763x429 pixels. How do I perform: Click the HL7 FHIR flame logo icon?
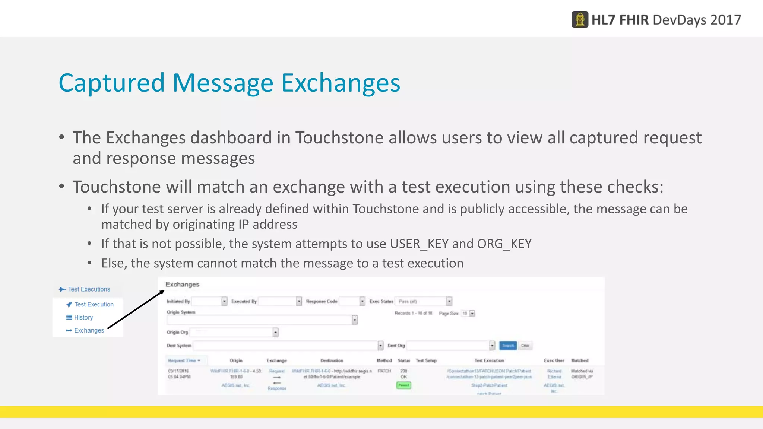[x=580, y=20]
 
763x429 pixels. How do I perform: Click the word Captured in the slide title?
[x=111, y=83]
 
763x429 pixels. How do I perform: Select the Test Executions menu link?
[x=89, y=289]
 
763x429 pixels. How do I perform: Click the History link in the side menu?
[x=83, y=317]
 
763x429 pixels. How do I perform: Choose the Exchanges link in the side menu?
[x=89, y=330]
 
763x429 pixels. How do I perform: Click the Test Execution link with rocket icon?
[x=94, y=304]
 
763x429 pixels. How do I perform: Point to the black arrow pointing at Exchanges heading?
[x=136, y=309]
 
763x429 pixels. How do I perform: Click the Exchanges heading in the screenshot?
[x=182, y=285]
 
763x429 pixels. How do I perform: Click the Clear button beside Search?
[x=525, y=346]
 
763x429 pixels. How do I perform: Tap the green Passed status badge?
[x=403, y=385]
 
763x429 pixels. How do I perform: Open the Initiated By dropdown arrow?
[x=224, y=301]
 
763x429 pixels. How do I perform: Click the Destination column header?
[x=332, y=360]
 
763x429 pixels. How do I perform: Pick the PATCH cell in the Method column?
[x=384, y=371]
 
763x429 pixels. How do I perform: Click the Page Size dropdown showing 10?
[x=468, y=314]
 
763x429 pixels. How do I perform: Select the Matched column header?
[x=580, y=360]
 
